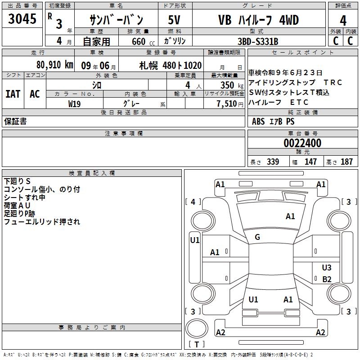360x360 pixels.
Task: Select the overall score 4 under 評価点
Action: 343,20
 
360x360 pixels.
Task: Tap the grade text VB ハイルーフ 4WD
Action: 258,20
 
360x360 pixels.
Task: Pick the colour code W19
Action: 75,103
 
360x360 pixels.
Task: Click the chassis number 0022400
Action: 302,144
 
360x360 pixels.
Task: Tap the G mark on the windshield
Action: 257,237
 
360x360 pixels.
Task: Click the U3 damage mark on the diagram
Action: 327,268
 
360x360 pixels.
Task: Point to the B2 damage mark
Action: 327,279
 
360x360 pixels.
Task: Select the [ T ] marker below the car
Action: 196,345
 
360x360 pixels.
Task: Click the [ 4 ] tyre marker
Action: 193,202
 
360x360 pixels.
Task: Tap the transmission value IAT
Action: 13,94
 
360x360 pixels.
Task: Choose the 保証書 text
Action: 15,121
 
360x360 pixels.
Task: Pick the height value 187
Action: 346,162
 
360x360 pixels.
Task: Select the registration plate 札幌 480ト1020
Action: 170,65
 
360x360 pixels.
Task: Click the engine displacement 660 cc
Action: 139,42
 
